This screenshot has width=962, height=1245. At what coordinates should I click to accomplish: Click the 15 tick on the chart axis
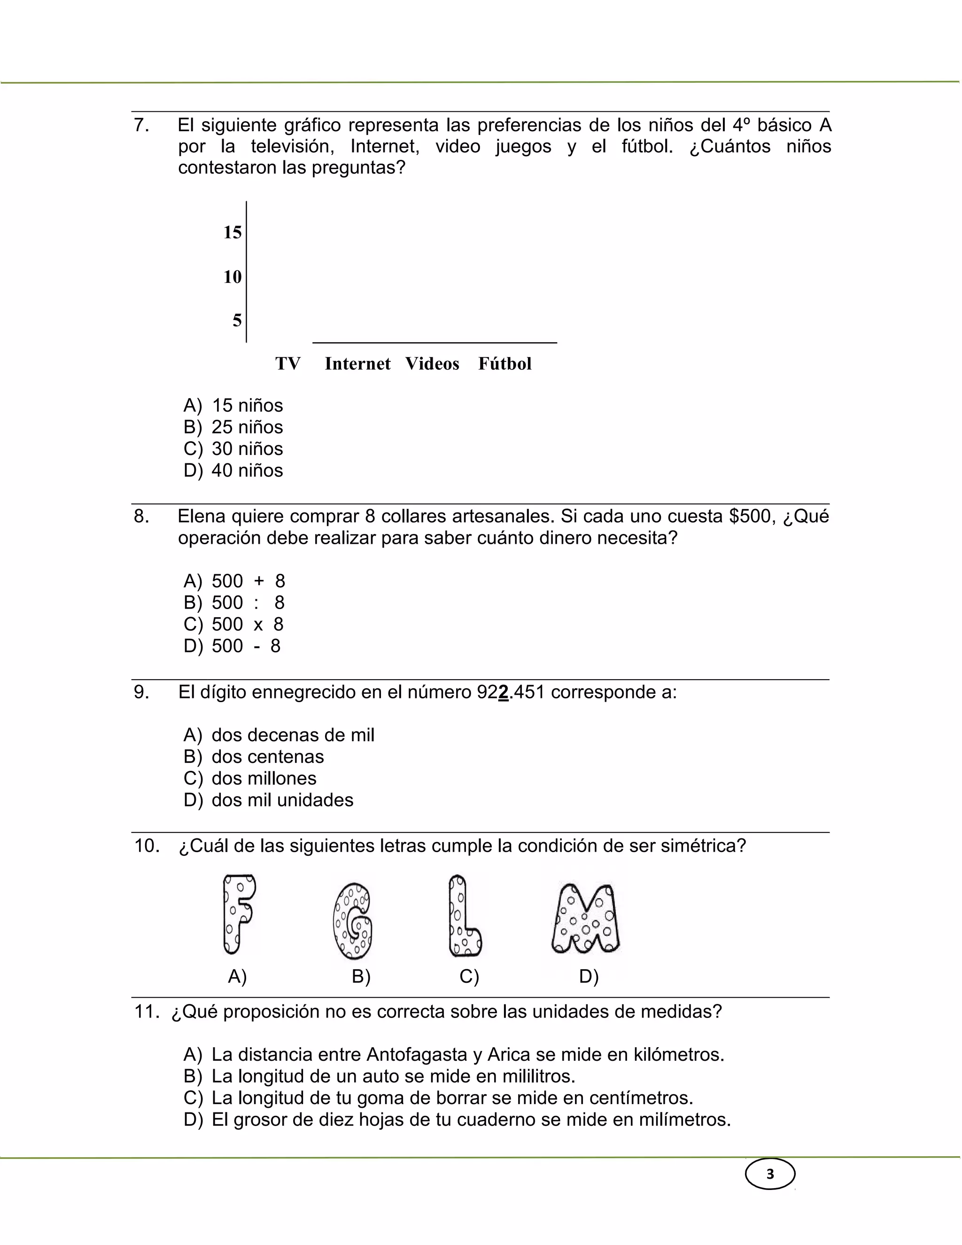coord(233,233)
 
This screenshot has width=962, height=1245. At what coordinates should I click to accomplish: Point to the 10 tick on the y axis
coord(233,277)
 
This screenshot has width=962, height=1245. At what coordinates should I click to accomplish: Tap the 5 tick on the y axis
coord(237,321)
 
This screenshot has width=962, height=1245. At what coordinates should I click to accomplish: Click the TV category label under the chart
coord(288,364)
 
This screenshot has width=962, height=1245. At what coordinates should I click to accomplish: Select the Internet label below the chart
coord(357,364)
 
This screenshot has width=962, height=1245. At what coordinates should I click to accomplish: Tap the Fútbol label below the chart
coord(504,364)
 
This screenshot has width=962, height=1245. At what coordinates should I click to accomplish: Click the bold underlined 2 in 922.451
coord(503,692)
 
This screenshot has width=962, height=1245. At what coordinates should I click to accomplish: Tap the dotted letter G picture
coord(353,921)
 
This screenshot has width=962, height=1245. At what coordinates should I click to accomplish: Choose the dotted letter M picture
coord(585,918)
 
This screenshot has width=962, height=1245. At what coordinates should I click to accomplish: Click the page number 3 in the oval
coord(770,1175)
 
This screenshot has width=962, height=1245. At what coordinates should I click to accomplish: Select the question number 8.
coord(141,517)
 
